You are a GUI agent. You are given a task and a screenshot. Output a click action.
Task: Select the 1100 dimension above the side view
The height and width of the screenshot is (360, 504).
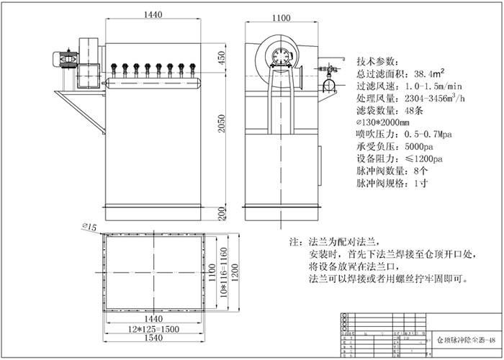[283, 14]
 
